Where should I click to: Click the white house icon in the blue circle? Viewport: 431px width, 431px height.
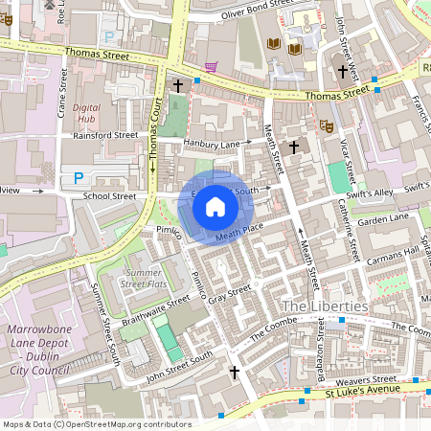click(215, 206)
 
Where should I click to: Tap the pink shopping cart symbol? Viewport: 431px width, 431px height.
click(211, 67)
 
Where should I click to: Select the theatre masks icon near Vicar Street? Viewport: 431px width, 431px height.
click(326, 125)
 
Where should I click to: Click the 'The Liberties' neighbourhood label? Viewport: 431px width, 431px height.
click(325, 306)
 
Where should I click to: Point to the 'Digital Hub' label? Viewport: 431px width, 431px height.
click(87, 114)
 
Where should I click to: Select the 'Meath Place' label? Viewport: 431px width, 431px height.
click(238, 231)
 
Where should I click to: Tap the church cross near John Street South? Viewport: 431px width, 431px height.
click(234, 372)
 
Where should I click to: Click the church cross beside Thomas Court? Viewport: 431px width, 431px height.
click(177, 86)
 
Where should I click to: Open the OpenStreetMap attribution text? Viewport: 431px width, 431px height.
click(96, 423)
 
